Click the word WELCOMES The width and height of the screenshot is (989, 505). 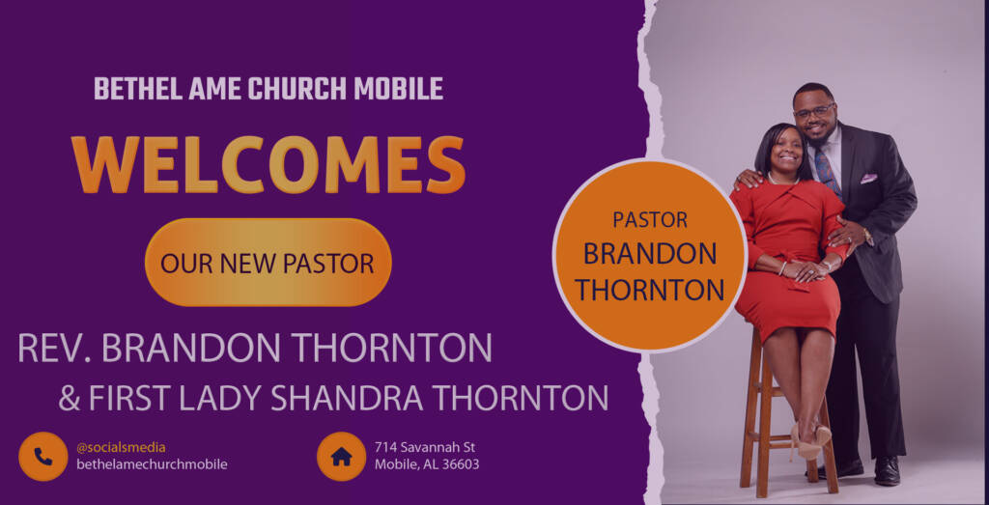[x=268, y=164]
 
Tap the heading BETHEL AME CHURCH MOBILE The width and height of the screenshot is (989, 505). [x=268, y=89]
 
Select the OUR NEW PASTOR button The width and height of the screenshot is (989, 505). [x=268, y=263]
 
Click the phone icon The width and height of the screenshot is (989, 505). [x=42, y=457]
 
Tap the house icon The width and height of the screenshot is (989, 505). [x=341, y=457]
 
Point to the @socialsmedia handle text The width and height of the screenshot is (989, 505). [x=121, y=448]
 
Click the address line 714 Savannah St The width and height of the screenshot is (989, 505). [x=425, y=448]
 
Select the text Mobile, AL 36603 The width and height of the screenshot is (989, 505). [x=427, y=464]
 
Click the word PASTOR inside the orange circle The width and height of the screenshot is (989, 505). [x=650, y=219]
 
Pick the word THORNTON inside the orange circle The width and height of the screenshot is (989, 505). [x=650, y=290]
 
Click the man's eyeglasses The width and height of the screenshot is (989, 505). [x=814, y=112]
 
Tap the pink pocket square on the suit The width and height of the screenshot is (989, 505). [x=868, y=179]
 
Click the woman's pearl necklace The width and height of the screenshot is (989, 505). [x=782, y=181]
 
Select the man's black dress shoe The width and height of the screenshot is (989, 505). [x=887, y=471]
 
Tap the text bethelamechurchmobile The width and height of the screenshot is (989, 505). [x=152, y=464]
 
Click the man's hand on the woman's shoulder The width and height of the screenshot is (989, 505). [x=749, y=179]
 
